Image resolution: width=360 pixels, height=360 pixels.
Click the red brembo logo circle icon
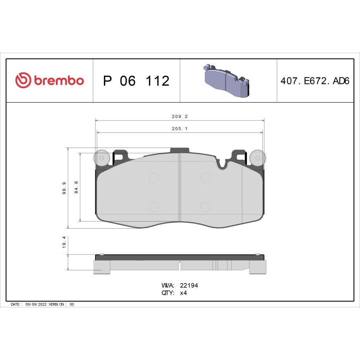(x=23, y=80)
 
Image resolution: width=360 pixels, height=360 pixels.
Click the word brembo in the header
(x=59, y=80)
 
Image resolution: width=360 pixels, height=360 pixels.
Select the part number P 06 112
(x=137, y=81)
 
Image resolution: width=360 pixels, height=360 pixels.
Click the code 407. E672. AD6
(x=315, y=81)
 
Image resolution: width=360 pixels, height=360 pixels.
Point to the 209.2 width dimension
(x=180, y=116)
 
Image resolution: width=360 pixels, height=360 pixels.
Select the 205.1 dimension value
(x=180, y=129)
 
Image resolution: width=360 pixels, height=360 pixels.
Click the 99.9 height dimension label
(x=64, y=188)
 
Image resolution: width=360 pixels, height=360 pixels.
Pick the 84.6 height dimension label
(x=76, y=187)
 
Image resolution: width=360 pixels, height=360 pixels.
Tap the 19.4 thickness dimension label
(x=64, y=242)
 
